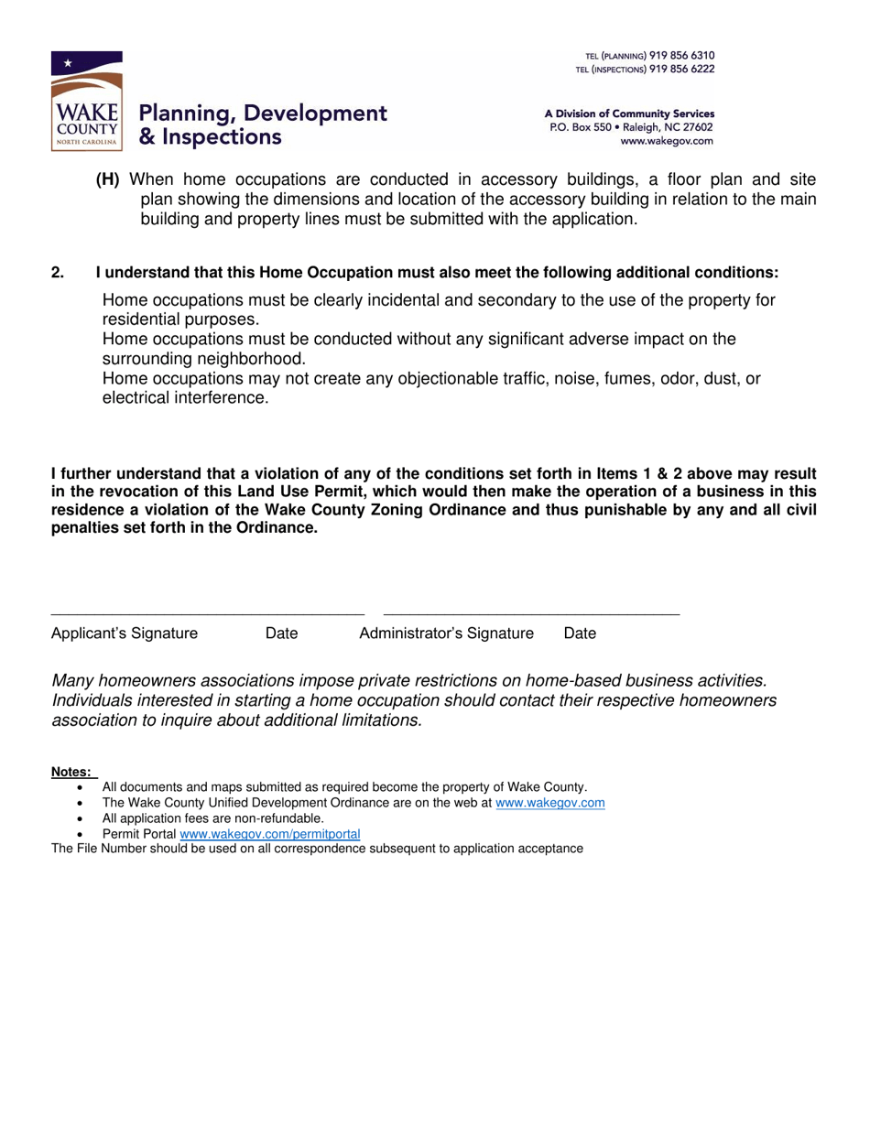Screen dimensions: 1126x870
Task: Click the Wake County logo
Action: tap(87, 101)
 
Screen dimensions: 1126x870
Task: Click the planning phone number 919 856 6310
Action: tap(681, 56)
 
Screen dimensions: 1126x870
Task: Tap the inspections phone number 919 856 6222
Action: tap(681, 69)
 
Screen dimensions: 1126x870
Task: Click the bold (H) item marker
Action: tap(108, 180)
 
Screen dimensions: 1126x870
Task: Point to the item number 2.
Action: tap(58, 273)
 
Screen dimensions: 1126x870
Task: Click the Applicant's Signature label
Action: tap(125, 633)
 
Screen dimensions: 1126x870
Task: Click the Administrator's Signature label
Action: tap(446, 633)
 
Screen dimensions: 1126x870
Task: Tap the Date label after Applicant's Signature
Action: tap(281, 633)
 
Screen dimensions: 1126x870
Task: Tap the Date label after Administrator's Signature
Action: tap(580, 633)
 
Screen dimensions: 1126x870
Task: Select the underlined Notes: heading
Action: tap(71, 772)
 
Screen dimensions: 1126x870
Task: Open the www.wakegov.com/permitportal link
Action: tap(270, 834)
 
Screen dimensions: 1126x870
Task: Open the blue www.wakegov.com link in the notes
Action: tap(549, 803)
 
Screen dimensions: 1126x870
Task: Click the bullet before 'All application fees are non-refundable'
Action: tap(83, 818)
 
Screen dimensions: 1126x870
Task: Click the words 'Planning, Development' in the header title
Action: tap(263, 114)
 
